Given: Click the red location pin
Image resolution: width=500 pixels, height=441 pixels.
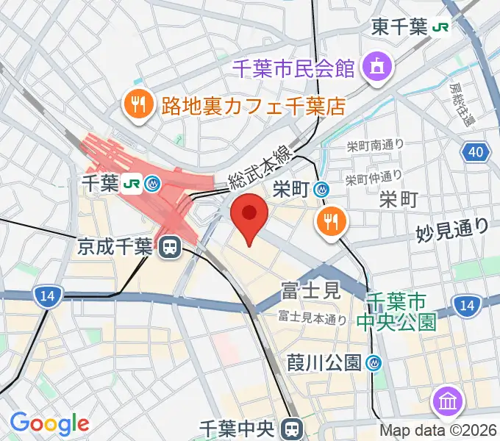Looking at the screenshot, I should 250,215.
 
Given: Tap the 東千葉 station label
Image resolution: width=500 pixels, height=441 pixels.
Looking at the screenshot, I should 399,27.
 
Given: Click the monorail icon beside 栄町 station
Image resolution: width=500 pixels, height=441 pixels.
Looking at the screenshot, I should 321,189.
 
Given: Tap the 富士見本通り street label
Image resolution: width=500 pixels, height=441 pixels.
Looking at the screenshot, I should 312,318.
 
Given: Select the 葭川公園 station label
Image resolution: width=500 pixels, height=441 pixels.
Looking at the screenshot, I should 324,362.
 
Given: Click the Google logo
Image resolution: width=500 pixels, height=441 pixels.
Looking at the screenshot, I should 49,423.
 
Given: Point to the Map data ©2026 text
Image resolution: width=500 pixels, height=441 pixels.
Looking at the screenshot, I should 439,431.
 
